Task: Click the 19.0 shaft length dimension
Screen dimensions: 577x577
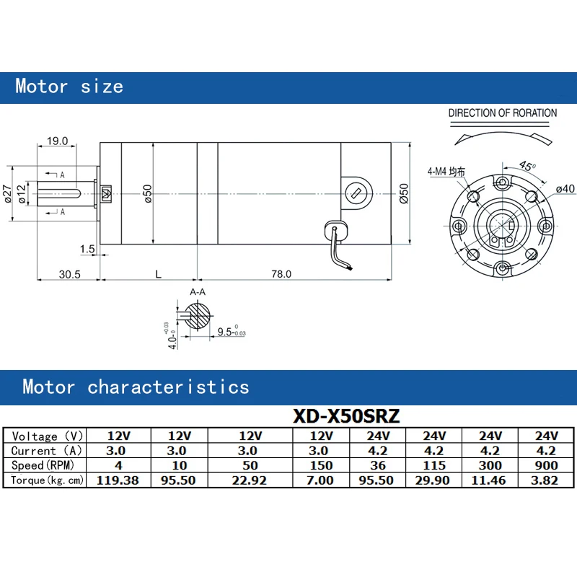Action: [x=58, y=141]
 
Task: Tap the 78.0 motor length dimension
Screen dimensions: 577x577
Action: [x=281, y=274]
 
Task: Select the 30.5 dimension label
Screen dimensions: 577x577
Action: [x=69, y=275]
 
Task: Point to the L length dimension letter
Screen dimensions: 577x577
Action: [x=158, y=275]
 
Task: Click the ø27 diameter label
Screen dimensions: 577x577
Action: [x=7, y=193]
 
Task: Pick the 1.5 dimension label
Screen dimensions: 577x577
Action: [x=87, y=249]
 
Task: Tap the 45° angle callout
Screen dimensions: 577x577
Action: [x=528, y=166]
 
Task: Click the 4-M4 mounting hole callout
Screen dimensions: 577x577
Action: [x=446, y=172]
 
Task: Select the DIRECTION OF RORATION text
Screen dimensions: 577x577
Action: [x=502, y=113]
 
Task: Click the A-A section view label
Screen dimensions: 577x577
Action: [x=198, y=292]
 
